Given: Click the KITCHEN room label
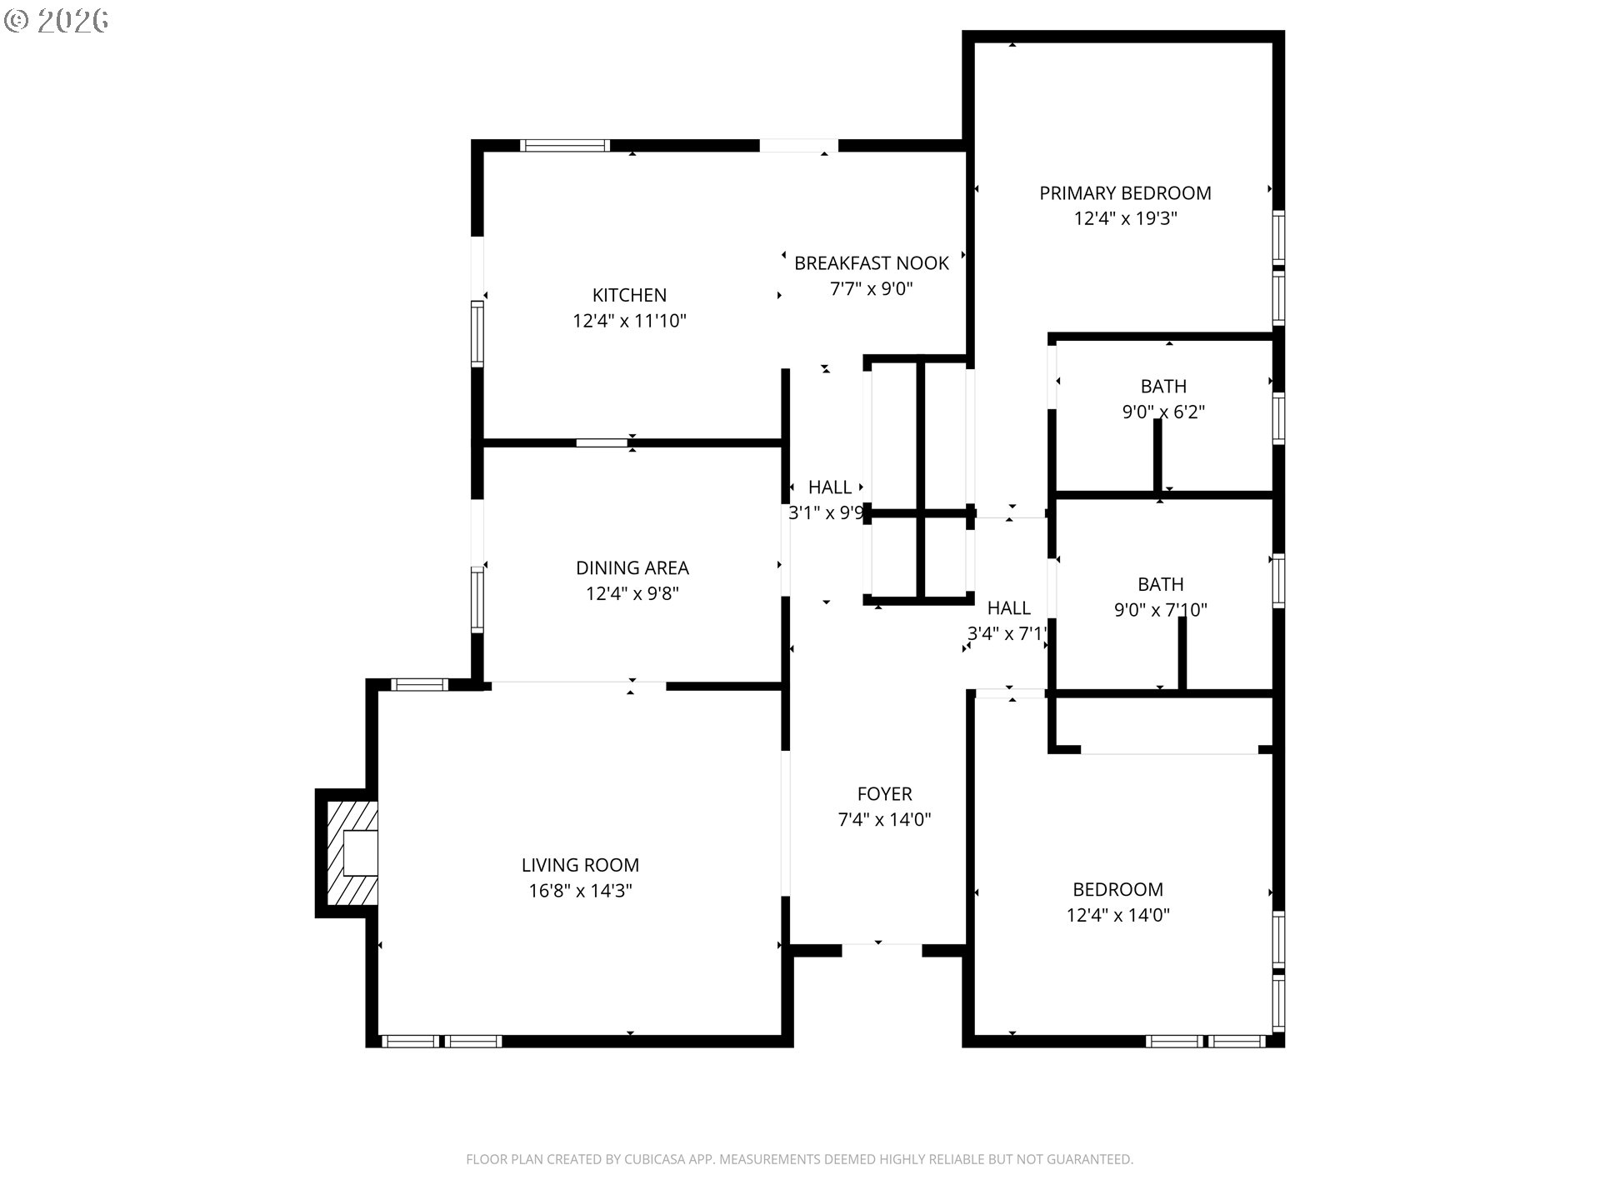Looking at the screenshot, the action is (629, 295).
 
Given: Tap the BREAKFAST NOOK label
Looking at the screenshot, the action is (872, 263).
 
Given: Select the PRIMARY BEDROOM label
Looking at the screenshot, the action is (1125, 193).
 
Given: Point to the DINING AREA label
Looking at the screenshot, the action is (632, 568).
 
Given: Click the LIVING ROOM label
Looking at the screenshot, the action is (580, 866).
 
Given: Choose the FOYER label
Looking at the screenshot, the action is (884, 794).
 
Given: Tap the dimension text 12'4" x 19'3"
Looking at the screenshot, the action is (1125, 219).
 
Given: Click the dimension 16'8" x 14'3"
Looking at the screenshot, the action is (580, 891).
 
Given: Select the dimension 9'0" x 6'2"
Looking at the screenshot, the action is (1163, 412).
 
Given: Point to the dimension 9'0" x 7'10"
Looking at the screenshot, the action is (1161, 610).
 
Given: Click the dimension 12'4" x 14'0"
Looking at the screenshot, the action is (1117, 915).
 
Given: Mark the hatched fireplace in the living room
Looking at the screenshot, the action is (351, 853).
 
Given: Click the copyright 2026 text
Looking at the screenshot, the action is (56, 21).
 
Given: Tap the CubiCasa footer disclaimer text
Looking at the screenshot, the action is (799, 1159).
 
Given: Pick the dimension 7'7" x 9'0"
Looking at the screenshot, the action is (872, 289).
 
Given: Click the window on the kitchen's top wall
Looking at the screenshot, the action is (565, 146).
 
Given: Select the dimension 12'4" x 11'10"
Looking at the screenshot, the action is (629, 321).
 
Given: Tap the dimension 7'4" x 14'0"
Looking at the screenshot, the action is (884, 820).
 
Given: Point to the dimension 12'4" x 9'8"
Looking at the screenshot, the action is (632, 594).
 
